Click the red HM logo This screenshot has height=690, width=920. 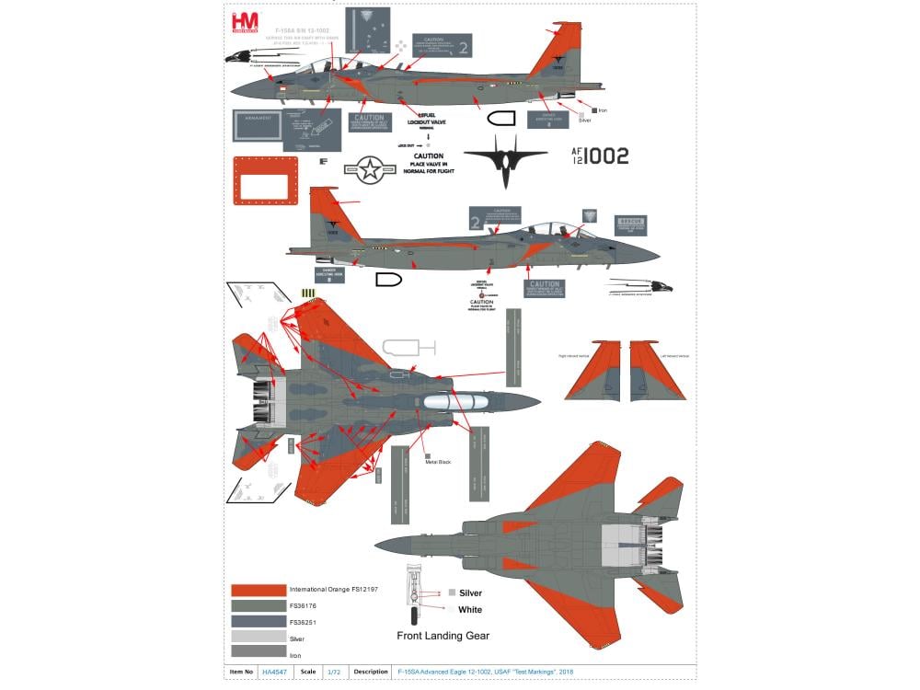[x=247, y=22]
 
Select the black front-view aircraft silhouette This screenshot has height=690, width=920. [x=506, y=161]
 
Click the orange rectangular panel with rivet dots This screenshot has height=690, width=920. [x=266, y=180]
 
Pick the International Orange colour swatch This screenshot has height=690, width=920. [x=258, y=589]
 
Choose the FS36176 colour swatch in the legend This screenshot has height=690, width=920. [x=258, y=605]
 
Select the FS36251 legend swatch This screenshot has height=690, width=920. [x=258, y=621]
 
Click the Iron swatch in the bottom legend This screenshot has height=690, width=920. [x=258, y=653]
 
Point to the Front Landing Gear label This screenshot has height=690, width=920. [x=443, y=636]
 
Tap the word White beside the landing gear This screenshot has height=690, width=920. [x=470, y=609]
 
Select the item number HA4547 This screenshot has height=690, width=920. [x=274, y=672]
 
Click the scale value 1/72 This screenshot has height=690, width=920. [x=333, y=672]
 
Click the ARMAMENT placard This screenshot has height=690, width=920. [x=257, y=125]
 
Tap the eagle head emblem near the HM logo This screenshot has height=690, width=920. [x=242, y=58]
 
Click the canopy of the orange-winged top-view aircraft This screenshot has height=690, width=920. [x=459, y=401]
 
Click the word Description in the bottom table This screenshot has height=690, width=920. [x=371, y=672]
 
